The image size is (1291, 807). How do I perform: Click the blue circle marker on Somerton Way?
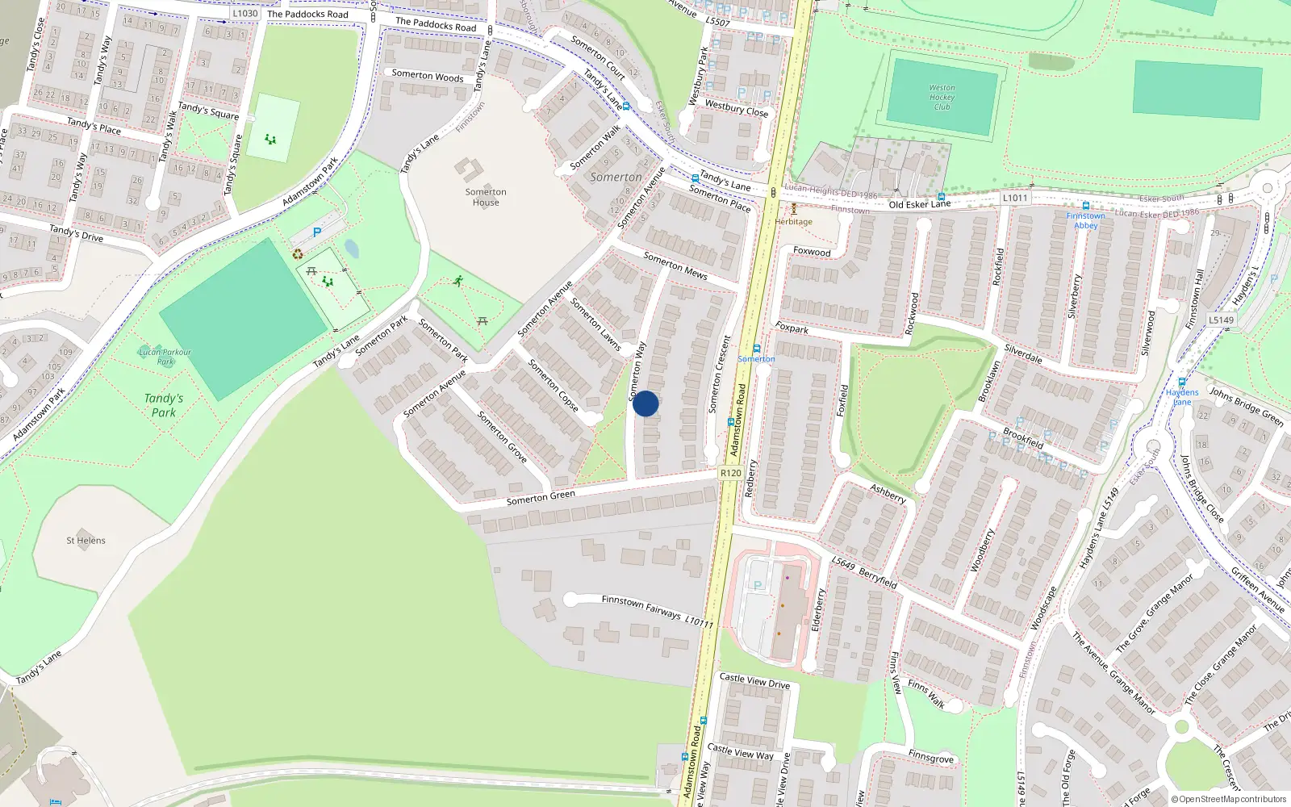(x=645, y=403)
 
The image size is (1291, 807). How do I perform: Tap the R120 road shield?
(x=730, y=473)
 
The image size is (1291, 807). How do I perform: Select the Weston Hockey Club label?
(x=942, y=97)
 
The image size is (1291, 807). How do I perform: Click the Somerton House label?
(x=486, y=197)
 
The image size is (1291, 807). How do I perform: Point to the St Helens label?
(x=86, y=541)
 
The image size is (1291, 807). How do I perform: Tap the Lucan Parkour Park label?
(x=165, y=357)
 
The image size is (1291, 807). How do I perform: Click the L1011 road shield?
(x=1015, y=198)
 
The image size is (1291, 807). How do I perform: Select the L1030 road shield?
(x=244, y=13)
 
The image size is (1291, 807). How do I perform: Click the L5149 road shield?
(x=1221, y=320)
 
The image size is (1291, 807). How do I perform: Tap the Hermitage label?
(x=794, y=221)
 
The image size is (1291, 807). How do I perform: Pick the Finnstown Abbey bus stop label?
(x=1086, y=220)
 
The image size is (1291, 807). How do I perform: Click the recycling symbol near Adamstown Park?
(x=298, y=254)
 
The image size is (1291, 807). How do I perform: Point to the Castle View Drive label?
(x=754, y=681)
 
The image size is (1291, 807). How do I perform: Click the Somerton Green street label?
(x=541, y=498)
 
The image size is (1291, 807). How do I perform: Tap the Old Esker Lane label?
(x=919, y=204)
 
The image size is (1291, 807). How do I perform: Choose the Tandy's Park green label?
(x=164, y=405)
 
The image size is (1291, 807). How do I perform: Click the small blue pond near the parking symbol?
(x=352, y=248)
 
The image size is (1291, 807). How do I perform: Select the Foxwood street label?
(x=812, y=252)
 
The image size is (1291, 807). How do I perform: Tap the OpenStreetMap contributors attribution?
(x=1229, y=799)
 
